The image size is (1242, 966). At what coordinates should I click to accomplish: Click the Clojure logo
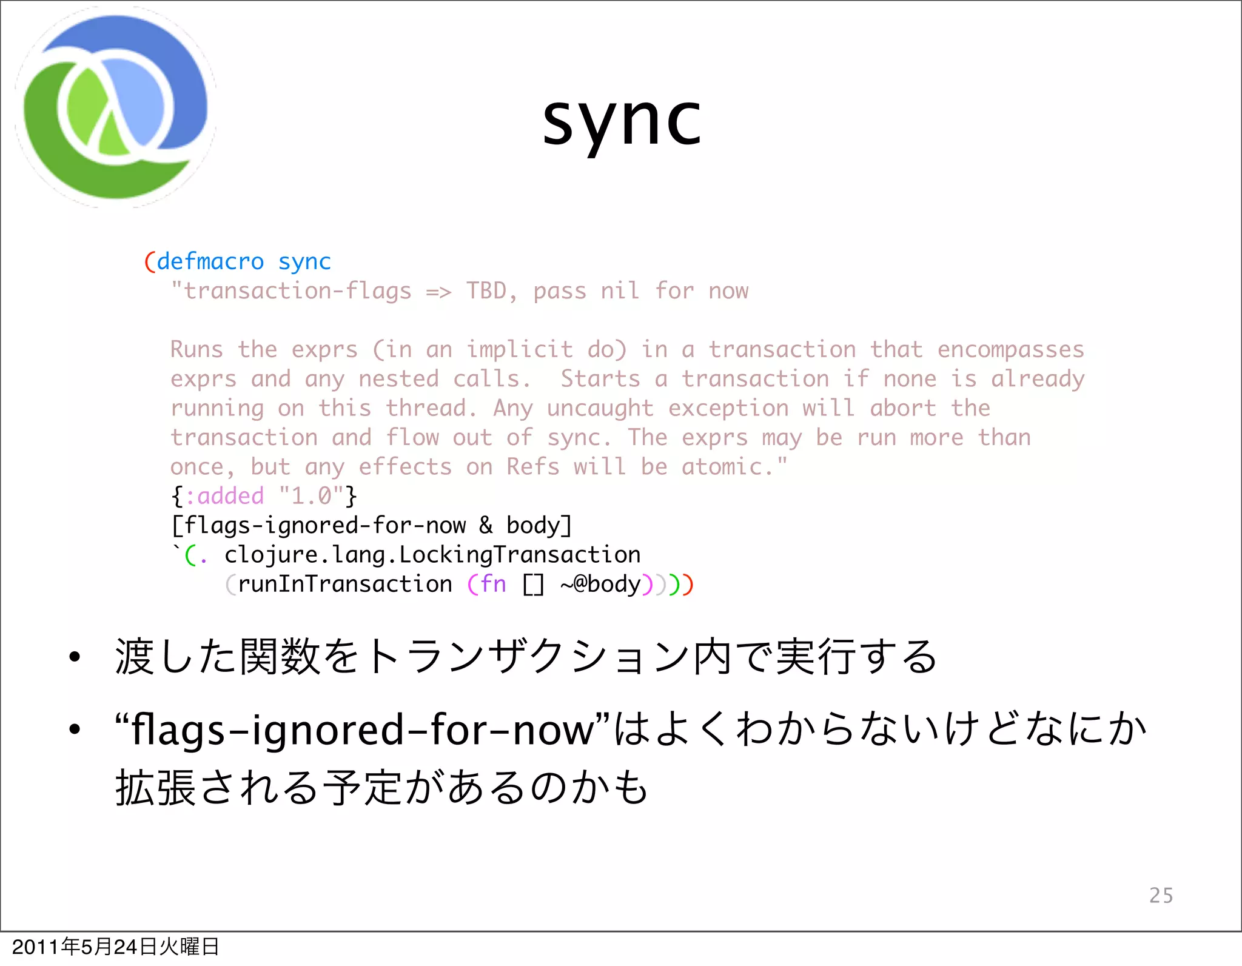pyautogui.click(x=115, y=108)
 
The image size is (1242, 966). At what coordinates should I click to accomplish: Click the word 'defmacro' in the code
pyautogui.click(x=210, y=262)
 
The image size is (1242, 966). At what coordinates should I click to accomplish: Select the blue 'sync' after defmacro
pyautogui.click(x=304, y=262)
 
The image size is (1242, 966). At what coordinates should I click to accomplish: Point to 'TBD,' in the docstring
pyautogui.click(x=491, y=291)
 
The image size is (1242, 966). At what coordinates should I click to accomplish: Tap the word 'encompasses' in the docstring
pyautogui.click(x=1010, y=350)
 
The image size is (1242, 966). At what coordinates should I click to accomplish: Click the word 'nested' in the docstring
pyautogui.click(x=398, y=379)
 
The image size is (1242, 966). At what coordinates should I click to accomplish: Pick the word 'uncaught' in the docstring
pyautogui.click(x=600, y=408)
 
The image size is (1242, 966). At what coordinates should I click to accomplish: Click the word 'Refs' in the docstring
pyautogui.click(x=532, y=467)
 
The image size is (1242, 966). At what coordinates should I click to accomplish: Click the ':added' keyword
pyautogui.click(x=224, y=496)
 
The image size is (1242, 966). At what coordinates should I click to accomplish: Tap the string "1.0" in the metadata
pyautogui.click(x=310, y=496)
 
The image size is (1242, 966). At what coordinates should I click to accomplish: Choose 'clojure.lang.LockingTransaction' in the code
pyautogui.click(x=432, y=555)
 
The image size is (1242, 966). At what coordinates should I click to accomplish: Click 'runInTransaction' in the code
pyautogui.click(x=344, y=584)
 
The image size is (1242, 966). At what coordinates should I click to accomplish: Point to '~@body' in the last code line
pyautogui.click(x=600, y=584)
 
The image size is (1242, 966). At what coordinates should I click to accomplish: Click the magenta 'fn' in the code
pyautogui.click(x=492, y=584)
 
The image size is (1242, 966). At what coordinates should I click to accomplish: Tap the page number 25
pyautogui.click(x=1161, y=895)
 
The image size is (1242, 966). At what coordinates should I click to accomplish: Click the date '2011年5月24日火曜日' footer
pyautogui.click(x=115, y=947)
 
